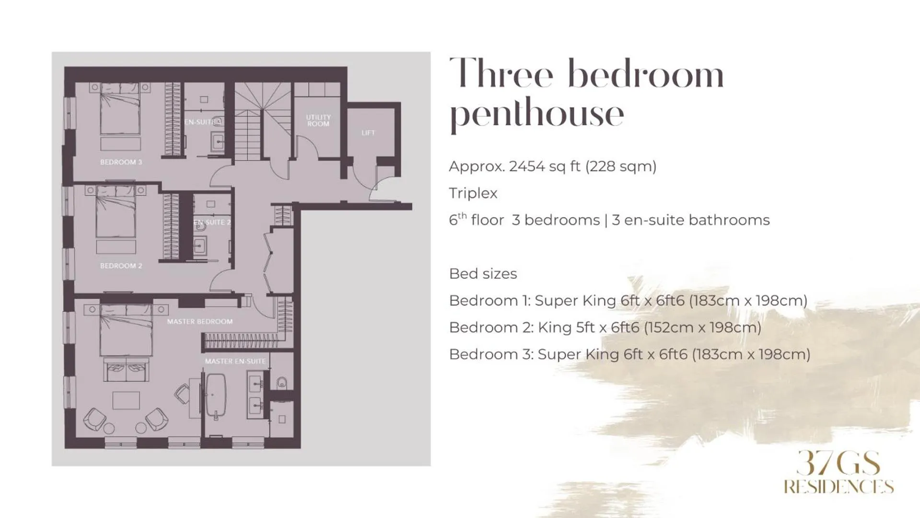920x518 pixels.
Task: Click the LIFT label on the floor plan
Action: click(368, 133)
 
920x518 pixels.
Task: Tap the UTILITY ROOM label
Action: click(318, 120)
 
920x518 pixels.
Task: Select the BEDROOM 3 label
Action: click(121, 162)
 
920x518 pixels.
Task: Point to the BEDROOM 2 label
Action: click(121, 266)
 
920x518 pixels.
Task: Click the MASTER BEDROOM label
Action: click(199, 321)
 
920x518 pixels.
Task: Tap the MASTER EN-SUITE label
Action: click(235, 361)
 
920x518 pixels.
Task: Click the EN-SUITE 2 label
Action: click(212, 222)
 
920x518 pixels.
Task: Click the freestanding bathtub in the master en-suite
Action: click(216, 395)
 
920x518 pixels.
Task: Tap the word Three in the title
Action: click(501, 74)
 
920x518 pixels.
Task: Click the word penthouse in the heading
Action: click(536, 114)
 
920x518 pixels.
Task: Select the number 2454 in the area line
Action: click(526, 166)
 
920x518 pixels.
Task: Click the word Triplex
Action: click(473, 193)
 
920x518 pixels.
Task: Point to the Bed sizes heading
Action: click(483, 274)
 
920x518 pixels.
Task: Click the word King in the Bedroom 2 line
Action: click(554, 328)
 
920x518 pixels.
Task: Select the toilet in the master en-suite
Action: click(282, 382)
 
